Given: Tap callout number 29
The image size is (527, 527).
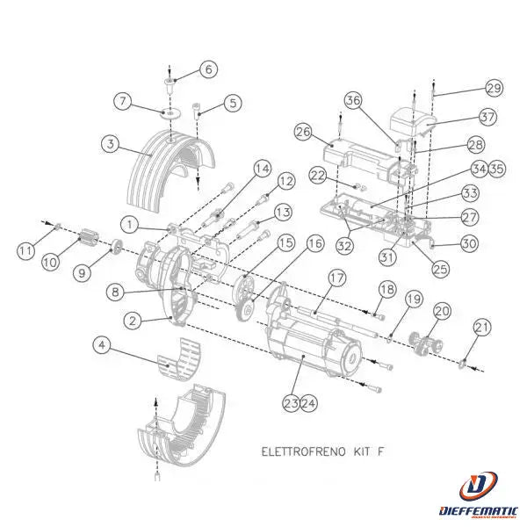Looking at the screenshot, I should pyautogui.click(x=494, y=88).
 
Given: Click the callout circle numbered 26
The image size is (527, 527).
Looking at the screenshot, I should pyautogui.click(x=303, y=133).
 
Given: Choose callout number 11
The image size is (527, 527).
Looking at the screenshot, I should pyautogui.click(x=27, y=251).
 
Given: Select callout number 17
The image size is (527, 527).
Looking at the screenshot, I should pyautogui.click(x=337, y=277).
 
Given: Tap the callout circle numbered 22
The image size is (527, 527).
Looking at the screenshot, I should pyautogui.click(x=318, y=177).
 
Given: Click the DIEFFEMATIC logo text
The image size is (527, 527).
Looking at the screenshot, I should pyautogui.click(x=480, y=510).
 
